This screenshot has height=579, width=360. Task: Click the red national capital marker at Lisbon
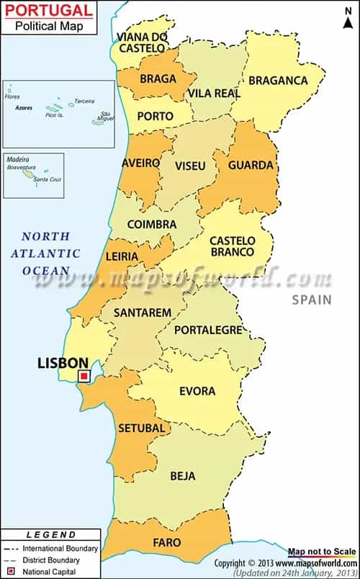84,376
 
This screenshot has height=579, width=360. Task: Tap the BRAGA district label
158,78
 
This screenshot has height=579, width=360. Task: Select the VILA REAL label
214,93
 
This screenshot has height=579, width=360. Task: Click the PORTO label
155,116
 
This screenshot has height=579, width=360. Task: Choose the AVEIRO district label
141,163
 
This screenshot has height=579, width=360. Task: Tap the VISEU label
190,166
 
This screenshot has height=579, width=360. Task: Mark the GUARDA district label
251,165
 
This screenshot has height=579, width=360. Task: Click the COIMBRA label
151,225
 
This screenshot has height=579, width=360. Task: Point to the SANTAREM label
143,313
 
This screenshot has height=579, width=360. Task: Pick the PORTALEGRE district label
210,329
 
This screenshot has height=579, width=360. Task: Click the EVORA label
197,391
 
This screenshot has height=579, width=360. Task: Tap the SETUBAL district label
142,428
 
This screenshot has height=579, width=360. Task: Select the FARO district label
166,542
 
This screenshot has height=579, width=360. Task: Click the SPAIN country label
312,300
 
